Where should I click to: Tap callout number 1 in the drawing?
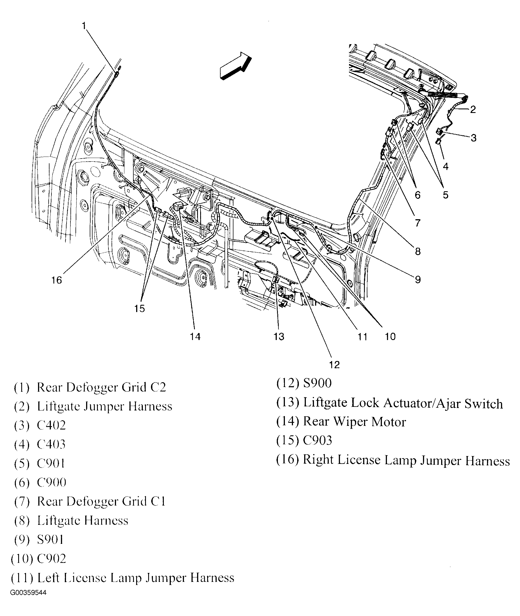pos(84,26)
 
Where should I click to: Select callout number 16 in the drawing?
pos(56,280)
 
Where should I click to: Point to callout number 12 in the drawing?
pos(335,365)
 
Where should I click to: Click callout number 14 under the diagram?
pos(195,336)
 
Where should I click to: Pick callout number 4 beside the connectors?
pos(445,167)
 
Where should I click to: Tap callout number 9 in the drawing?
pos(418,280)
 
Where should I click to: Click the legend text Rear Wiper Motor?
pos(354,422)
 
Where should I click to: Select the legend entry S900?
pos(317,383)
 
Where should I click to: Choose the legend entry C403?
pos(51,444)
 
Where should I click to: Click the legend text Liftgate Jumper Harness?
pos(104,406)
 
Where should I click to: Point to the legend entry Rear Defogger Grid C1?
pos(101,501)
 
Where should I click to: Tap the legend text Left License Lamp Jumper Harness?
pos(136,578)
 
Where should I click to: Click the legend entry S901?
pos(50,540)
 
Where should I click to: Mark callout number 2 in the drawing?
pos(473,110)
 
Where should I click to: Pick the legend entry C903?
pos(318,441)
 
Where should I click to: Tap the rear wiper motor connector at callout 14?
pos(178,206)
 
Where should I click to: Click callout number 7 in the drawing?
pos(417,223)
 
